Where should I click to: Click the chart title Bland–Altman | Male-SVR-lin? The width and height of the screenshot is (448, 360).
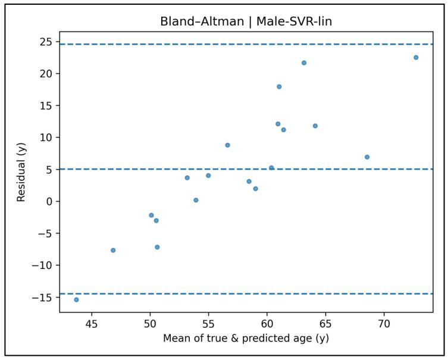[x=246, y=22]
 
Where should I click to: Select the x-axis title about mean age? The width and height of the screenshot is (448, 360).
[x=246, y=339]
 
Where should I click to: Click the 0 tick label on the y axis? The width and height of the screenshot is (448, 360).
[x=49, y=201]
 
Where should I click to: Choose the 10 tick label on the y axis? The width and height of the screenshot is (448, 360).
[x=46, y=137]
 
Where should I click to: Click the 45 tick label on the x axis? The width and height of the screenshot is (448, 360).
[x=92, y=324]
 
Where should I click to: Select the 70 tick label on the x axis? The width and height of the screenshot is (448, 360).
[x=384, y=324]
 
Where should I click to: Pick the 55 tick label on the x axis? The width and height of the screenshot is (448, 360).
[x=208, y=324]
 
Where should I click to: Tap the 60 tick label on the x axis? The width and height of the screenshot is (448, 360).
[x=267, y=324]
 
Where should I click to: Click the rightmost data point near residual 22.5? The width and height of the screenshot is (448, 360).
[x=416, y=58]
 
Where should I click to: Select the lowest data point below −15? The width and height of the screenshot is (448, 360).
[x=76, y=299]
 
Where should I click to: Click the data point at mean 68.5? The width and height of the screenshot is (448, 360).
[x=367, y=157]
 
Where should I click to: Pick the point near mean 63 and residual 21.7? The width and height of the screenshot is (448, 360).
[x=304, y=62]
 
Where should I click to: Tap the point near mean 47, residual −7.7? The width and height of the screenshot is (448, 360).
[x=113, y=250]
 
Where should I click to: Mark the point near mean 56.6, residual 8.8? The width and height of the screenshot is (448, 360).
[x=227, y=145]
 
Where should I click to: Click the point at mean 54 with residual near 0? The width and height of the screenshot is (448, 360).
[x=196, y=200]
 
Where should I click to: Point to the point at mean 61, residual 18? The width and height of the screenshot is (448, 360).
[x=279, y=86]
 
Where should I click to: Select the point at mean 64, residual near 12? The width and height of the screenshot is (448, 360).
[x=315, y=126]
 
